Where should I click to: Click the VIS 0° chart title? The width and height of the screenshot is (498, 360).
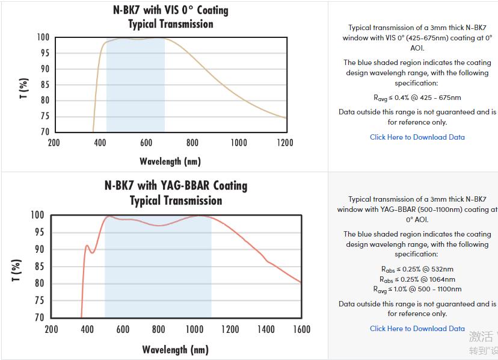coord(171,11)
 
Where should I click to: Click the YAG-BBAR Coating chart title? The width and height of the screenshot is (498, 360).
coord(176,185)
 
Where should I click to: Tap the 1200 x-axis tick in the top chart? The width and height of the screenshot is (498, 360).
coord(285,143)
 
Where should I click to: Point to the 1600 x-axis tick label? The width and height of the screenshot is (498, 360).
coord(301,329)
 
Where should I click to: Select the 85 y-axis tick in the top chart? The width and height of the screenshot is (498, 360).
coord(44,85)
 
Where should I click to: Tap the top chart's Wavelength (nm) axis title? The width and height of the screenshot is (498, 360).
coord(170,161)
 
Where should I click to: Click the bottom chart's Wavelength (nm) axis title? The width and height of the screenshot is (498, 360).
coord(175,350)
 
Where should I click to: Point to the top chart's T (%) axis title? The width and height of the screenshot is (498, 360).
coord(24,88)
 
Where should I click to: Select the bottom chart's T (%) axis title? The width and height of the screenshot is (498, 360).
coord(16,270)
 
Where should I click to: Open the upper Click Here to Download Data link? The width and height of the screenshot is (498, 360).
coord(417,137)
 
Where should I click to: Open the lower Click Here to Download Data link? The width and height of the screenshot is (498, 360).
coord(417,329)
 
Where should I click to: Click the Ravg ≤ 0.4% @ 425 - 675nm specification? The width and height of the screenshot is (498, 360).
coord(417,98)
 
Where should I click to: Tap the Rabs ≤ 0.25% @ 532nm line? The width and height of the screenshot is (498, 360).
coord(417,269)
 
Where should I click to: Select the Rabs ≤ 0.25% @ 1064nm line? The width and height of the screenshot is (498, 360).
coord(417,279)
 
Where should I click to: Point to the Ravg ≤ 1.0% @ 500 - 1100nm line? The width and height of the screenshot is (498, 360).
coord(417,290)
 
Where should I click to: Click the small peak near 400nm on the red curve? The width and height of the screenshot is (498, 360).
coord(87,246)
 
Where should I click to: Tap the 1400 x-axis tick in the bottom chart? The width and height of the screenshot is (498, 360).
coord(266,329)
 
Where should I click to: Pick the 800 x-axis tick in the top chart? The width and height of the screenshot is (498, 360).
coord(192,143)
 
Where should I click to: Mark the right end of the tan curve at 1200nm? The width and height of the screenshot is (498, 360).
coord(286,118)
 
